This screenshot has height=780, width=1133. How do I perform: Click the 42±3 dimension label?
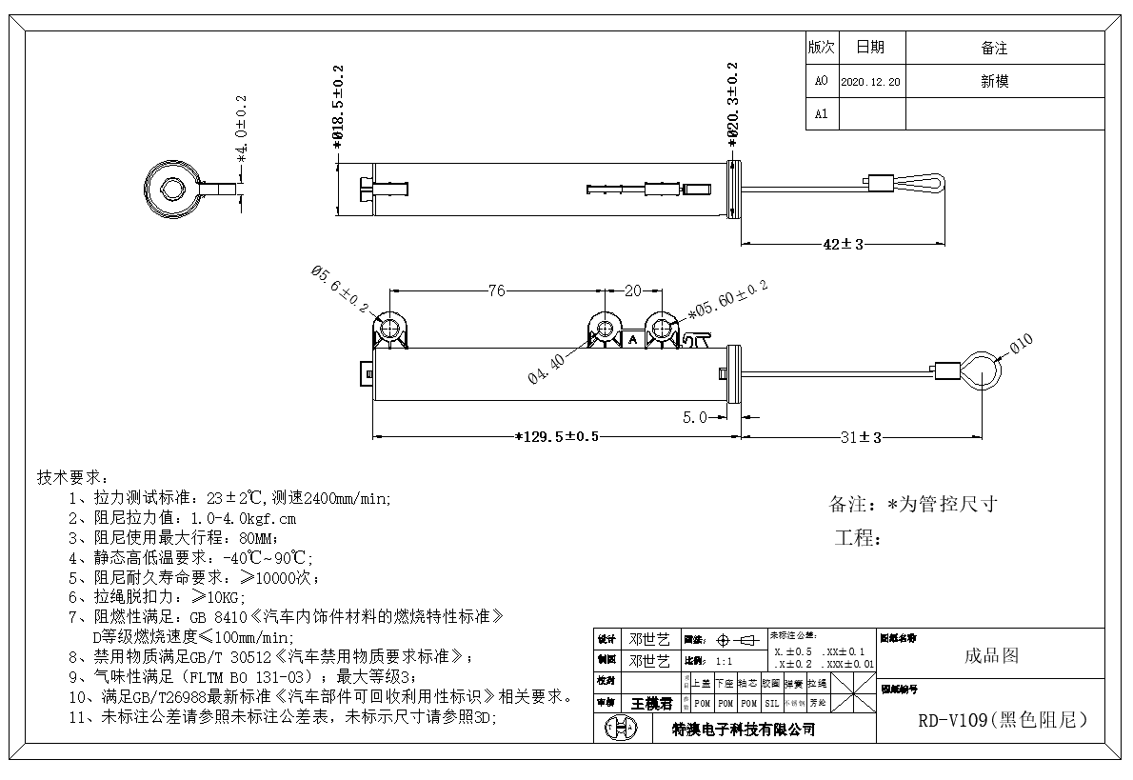843,244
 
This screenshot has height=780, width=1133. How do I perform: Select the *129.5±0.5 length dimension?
557,436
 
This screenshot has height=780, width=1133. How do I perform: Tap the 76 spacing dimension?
496,291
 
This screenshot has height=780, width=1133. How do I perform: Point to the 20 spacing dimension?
632,291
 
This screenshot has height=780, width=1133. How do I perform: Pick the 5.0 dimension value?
695,417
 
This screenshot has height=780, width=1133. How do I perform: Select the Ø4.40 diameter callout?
548,369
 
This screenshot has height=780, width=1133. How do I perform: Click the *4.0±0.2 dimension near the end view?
241,128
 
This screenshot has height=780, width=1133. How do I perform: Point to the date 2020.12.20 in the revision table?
871,82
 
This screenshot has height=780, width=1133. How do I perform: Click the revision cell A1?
822,113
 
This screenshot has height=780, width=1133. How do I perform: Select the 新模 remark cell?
995,81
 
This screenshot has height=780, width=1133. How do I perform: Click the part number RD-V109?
1002,721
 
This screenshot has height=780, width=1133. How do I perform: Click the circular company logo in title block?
616,730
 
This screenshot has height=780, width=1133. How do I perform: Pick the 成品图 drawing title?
991,655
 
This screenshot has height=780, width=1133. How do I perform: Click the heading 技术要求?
72,476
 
